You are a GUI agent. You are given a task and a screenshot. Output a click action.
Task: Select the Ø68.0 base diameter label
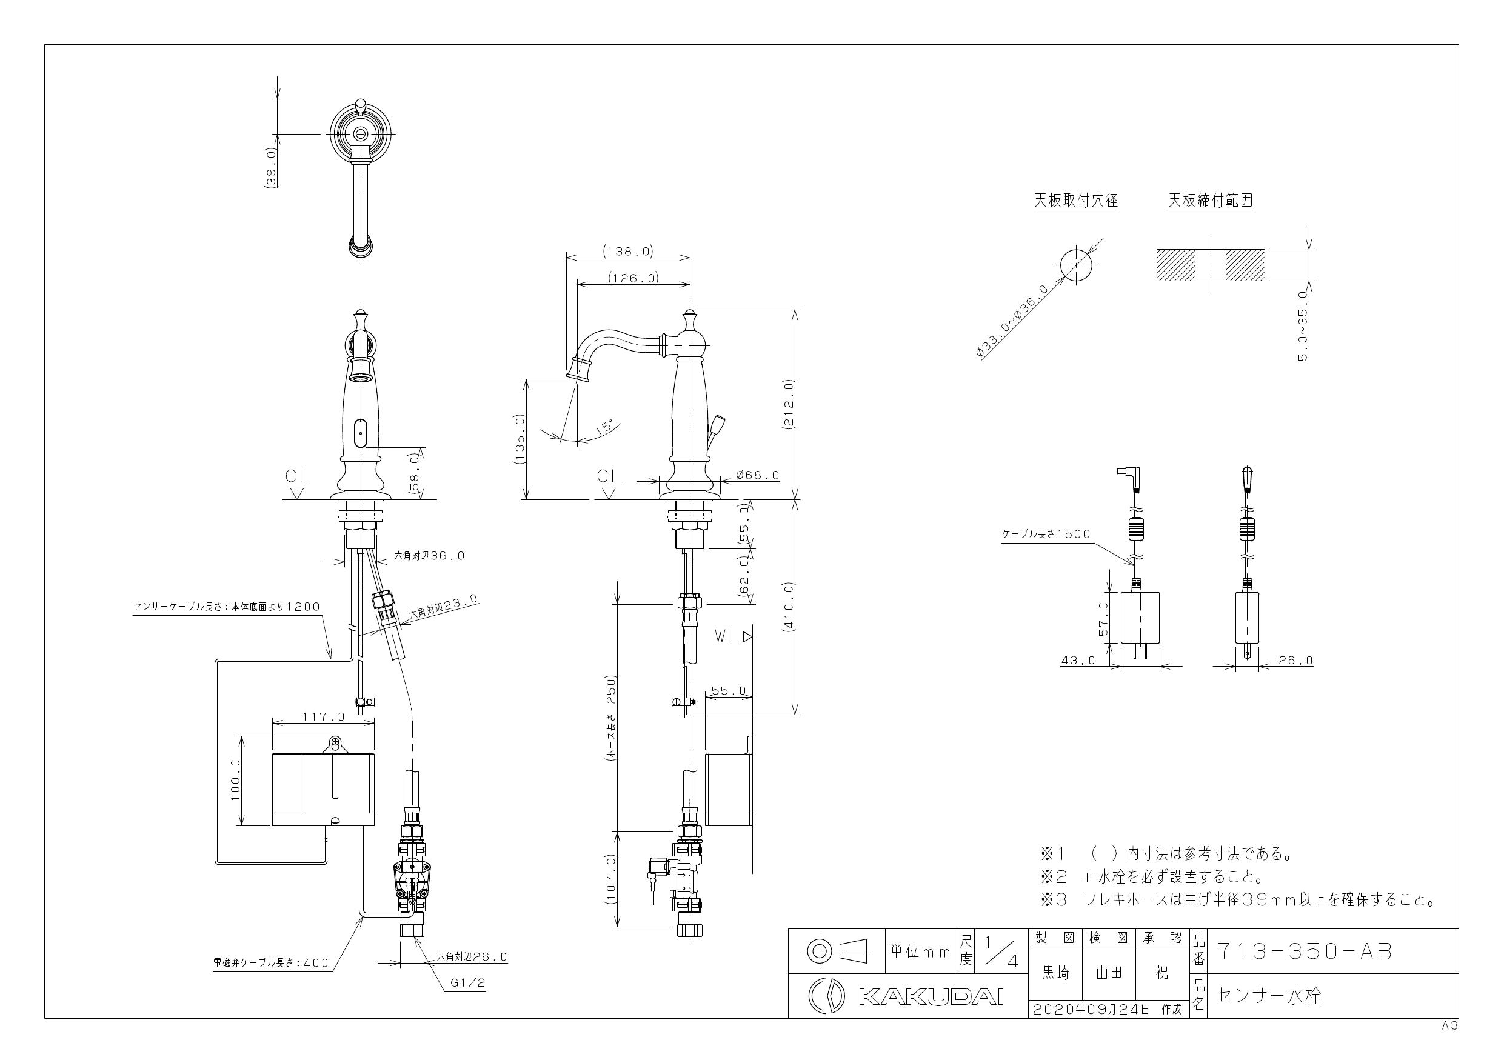click(758, 475)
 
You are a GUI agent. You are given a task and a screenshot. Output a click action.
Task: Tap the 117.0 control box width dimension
click(323, 716)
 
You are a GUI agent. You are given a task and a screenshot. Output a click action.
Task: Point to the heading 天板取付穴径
click(1076, 201)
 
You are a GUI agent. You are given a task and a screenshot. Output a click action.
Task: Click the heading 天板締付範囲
click(1211, 201)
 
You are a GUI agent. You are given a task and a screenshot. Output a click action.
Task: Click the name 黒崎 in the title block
click(1055, 973)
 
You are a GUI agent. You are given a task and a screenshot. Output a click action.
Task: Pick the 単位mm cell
click(920, 951)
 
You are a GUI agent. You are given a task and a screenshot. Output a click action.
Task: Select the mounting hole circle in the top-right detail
click(1076, 265)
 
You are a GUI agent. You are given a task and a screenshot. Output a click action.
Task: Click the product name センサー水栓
click(1269, 996)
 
